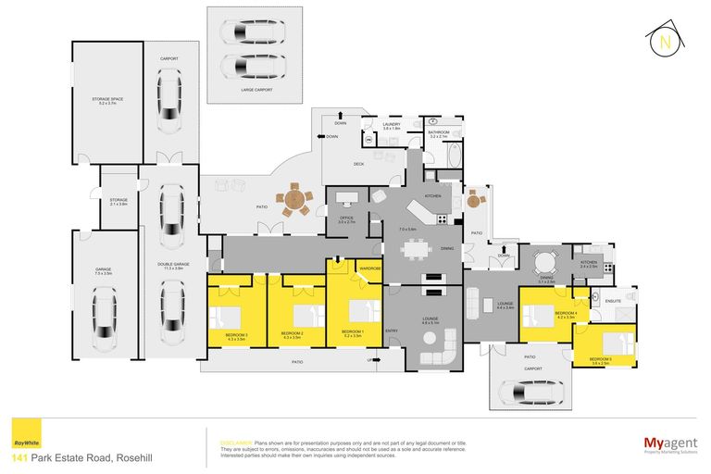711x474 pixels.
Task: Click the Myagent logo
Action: [x=670, y=445]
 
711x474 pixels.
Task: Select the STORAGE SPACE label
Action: [x=107, y=100]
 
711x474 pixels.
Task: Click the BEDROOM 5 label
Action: [x=601, y=360]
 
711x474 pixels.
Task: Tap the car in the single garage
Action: [x=106, y=311]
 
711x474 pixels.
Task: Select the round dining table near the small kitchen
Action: [x=544, y=260]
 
